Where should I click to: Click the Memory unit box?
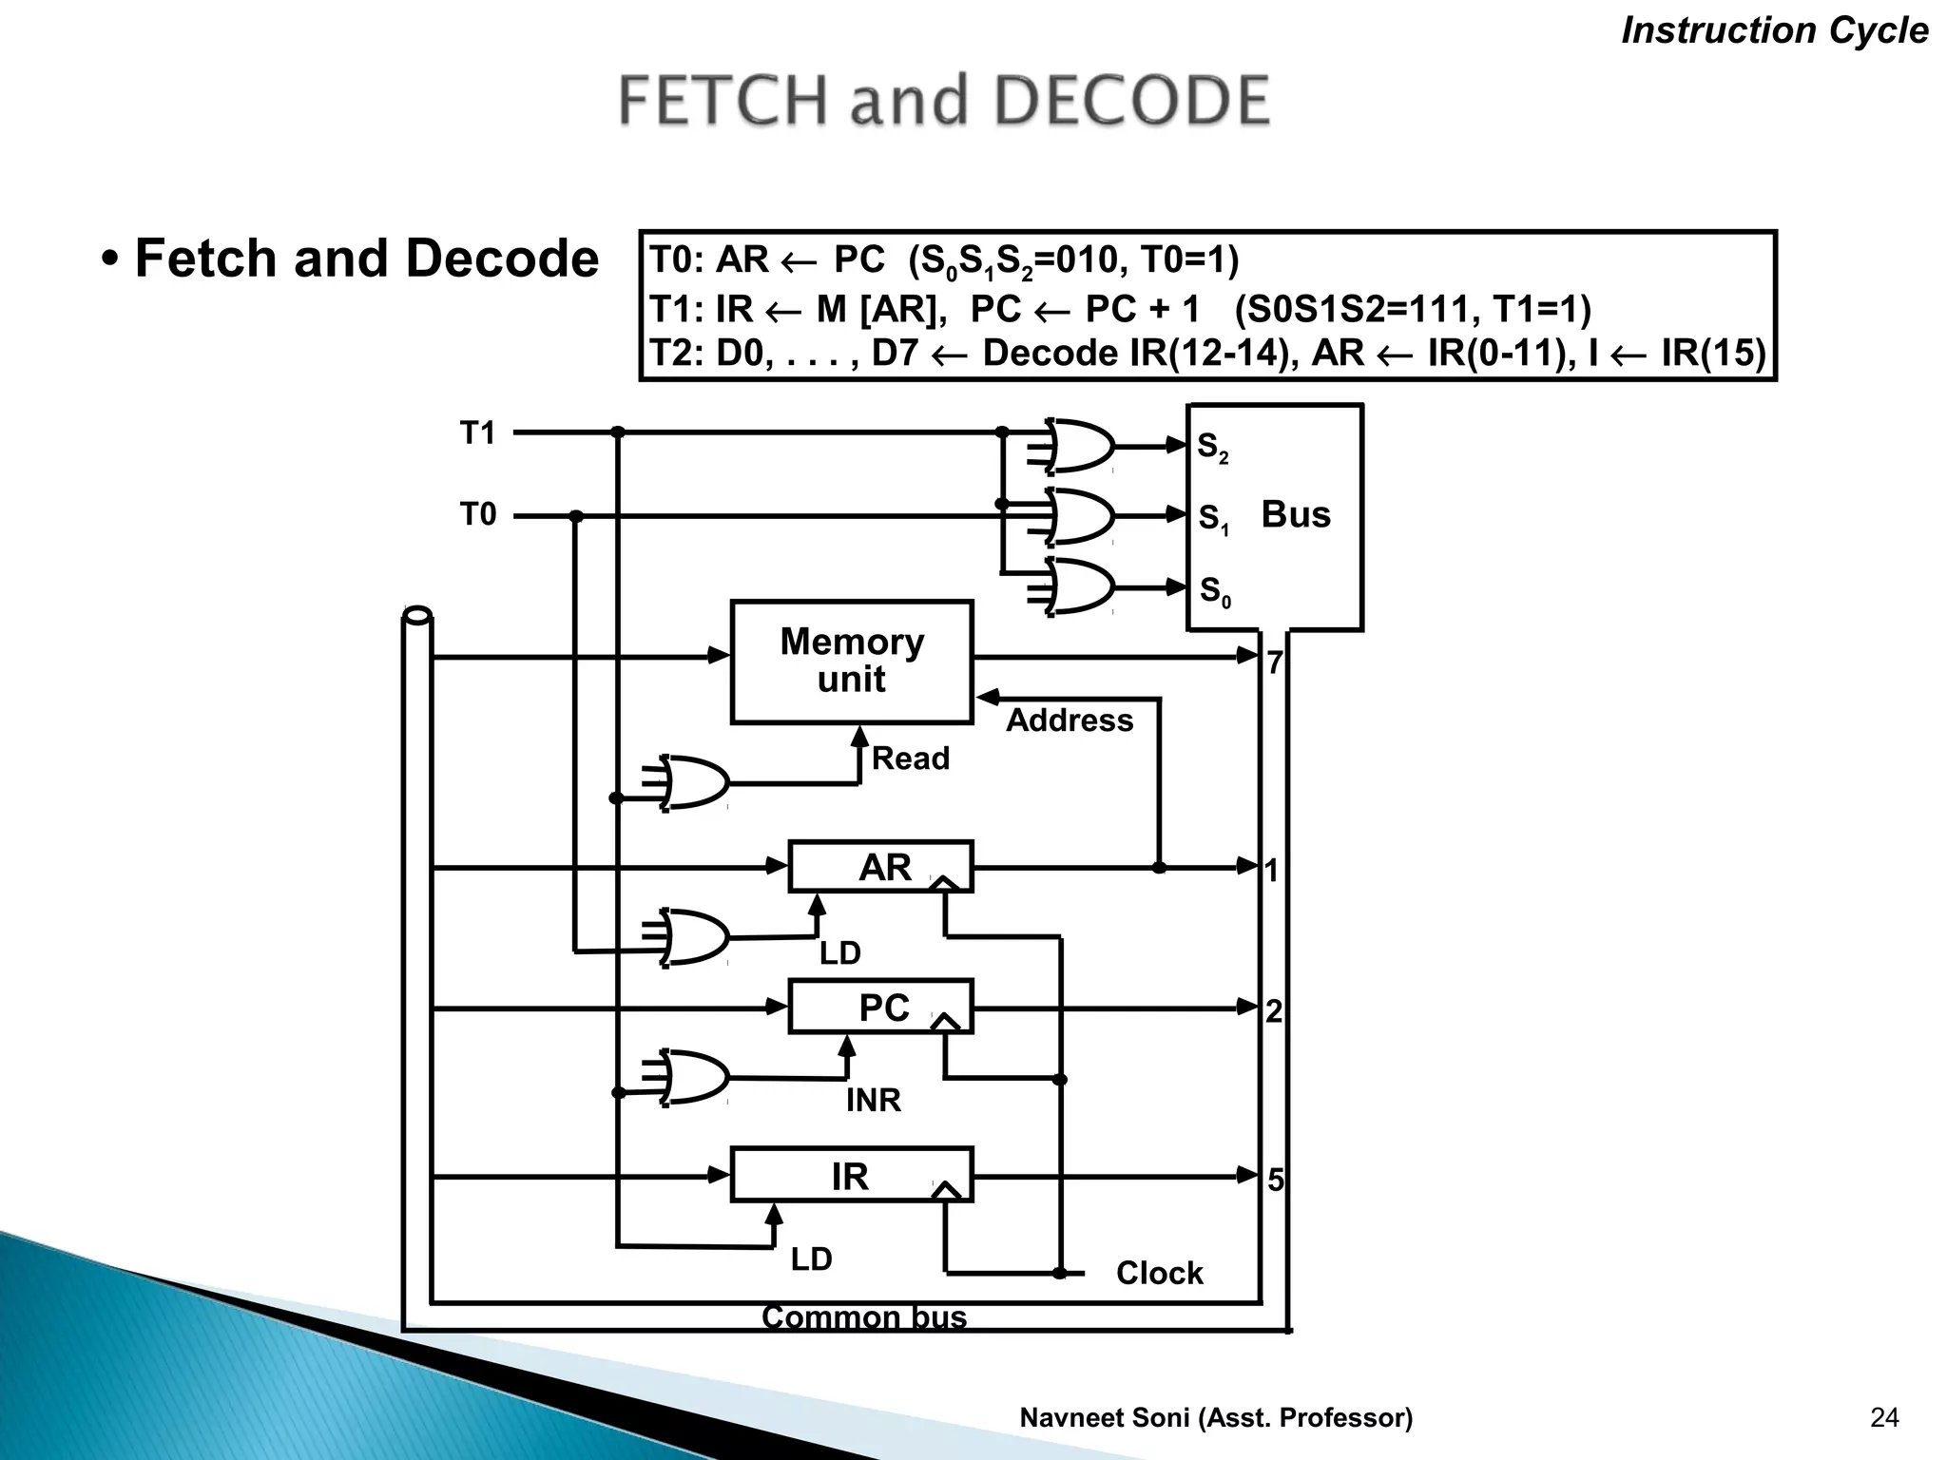[852, 662]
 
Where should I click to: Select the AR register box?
[880, 867]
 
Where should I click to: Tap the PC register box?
[880, 1007]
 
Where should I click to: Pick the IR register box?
[851, 1176]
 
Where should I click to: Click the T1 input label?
[478, 433]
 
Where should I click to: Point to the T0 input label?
[478, 514]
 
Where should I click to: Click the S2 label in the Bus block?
[1212, 447]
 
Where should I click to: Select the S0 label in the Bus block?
[1214, 591]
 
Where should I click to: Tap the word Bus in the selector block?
[1295, 514]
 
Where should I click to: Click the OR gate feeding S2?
[1080, 445]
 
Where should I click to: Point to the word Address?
[1070, 720]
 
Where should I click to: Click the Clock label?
[1159, 1273]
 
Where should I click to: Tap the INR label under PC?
[873, 1101]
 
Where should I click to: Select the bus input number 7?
[1275, 663]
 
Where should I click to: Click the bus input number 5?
[1275, 1180]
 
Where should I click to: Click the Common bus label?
[863, 1317]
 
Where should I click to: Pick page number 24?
[1883, 1418]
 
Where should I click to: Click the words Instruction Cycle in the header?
[1774, 30]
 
